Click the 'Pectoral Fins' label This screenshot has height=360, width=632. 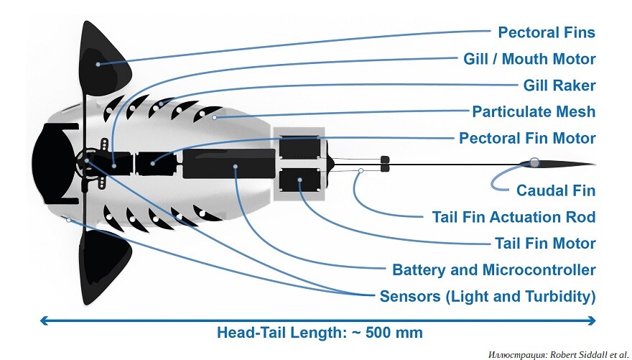click(x=547, y=32)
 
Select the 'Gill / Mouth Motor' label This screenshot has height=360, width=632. click(x=529, y=59)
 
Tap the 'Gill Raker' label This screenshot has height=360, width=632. click(x=559, y=86)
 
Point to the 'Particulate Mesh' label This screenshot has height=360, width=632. click(x=534, y=111)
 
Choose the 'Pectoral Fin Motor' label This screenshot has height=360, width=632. click(x=527, y=138)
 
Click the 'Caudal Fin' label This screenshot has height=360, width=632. click(x=556, y=190)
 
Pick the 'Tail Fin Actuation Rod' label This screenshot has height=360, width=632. click(x=513, y=217)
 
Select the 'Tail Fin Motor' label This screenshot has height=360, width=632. click(x=545, y=244)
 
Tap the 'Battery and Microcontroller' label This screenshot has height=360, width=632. click(x=493, y=270)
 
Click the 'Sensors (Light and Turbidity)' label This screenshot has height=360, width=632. click(x=488, y=296)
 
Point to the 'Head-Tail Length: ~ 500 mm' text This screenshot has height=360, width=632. click(x=320, y=333)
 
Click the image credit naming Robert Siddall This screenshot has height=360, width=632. click(x=557, y=354)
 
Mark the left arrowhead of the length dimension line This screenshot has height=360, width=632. click(x=45, y=320)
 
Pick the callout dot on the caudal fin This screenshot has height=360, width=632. click(x=534, y=162)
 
